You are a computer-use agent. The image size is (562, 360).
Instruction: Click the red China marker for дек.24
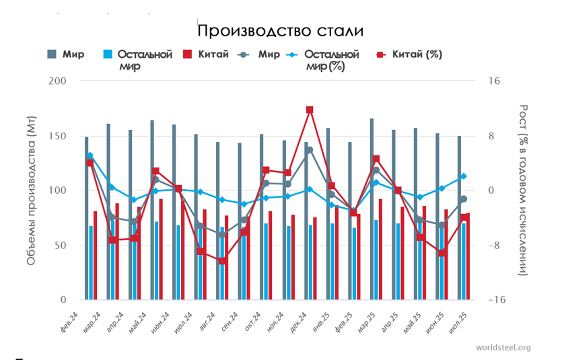click(x=310, y=110)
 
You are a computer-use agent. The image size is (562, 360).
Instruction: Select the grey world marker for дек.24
click(x=310, y=150)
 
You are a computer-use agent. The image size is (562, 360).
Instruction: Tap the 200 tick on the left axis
click(x=59, y=81)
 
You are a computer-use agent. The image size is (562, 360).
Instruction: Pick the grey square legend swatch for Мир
click(x=52, y=55)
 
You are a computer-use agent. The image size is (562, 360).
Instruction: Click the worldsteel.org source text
click(x=503, y=347)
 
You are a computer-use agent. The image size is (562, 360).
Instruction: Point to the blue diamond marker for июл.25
click(x=463, y=176)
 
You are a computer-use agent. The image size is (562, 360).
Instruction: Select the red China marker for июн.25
click(x=442, y=252)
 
